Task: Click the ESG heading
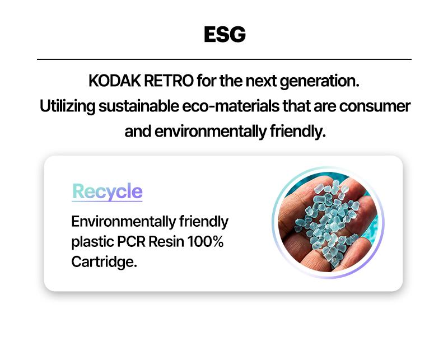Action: click(x=225, y=35)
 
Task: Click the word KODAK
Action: click(x=114, y=81)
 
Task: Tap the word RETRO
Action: click(x=169, y=81)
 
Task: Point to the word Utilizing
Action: click(x=67, y=107)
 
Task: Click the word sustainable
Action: click(x=138, y=106)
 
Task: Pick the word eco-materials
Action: click(x=231, y=106)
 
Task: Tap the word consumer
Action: click(x=375, y=106)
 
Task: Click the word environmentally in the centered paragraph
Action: click(x=211, y=132)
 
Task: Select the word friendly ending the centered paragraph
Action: click(x=297, y=132)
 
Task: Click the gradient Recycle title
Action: click(x=107, y=191)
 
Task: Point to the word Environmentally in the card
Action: click(x=123, y=222)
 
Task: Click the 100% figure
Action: click(x=206, y=242)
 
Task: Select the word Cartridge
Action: click(x=104, y=262)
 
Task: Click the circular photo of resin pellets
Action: click(x=328, y=222)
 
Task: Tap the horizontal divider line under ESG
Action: click(x=225, y=59)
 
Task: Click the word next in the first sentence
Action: click(x=261, y=81)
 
